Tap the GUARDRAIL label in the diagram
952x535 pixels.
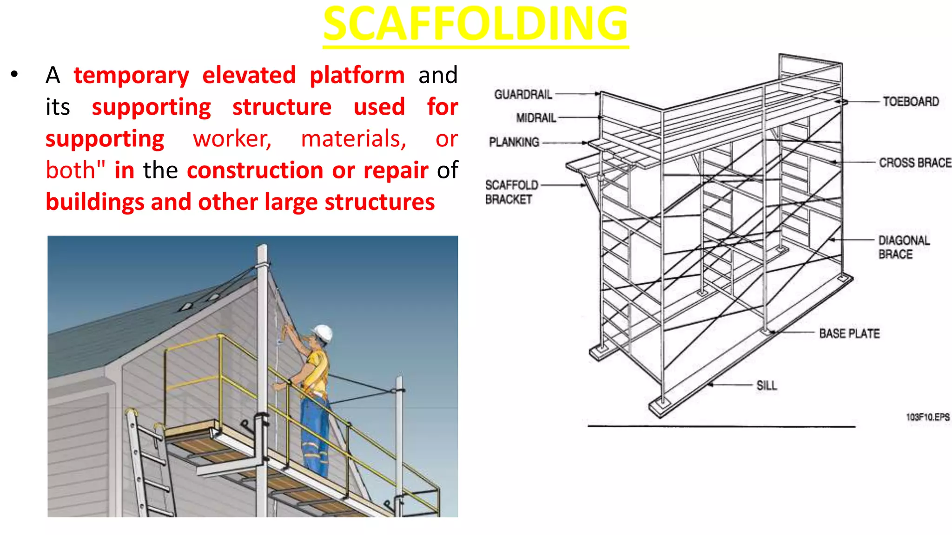(523, 95)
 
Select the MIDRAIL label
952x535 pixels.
(536, 118)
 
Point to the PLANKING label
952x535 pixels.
(514, 142)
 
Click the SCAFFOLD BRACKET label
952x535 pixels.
(511, 192)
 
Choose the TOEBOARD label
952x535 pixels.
(911, 102)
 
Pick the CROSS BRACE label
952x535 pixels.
(915, 163)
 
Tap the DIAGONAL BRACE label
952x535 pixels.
(904, 247)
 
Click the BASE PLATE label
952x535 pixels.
(849, 334)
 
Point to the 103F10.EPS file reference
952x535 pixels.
(927, 417)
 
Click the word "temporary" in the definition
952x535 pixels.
(131, 76)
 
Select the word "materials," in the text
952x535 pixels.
(353, 139)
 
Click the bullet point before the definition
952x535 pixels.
(14, 74)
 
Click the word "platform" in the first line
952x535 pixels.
(357, 76)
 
